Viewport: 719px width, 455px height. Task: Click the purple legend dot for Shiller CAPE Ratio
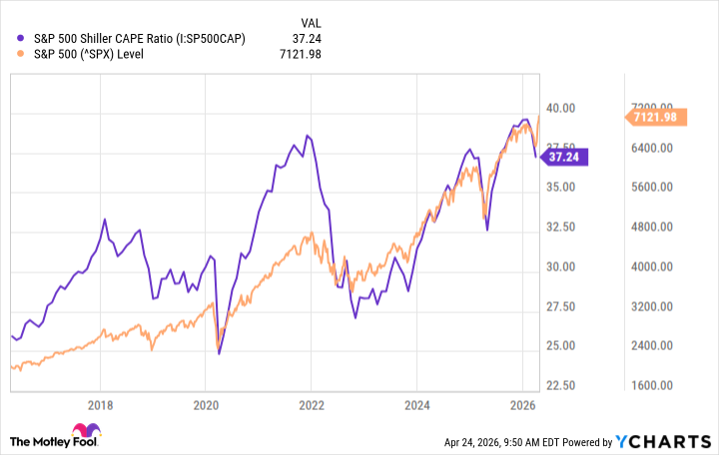coord(23,38)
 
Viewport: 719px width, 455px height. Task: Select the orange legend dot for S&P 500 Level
coord(23,54)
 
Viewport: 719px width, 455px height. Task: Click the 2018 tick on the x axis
coord(99,405)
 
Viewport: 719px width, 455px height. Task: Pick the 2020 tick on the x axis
coord(205,405)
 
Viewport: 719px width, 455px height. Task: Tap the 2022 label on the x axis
coord(311,405)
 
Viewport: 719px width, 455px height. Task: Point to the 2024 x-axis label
coord(416,405)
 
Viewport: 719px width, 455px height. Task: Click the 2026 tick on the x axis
coord(522,405)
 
